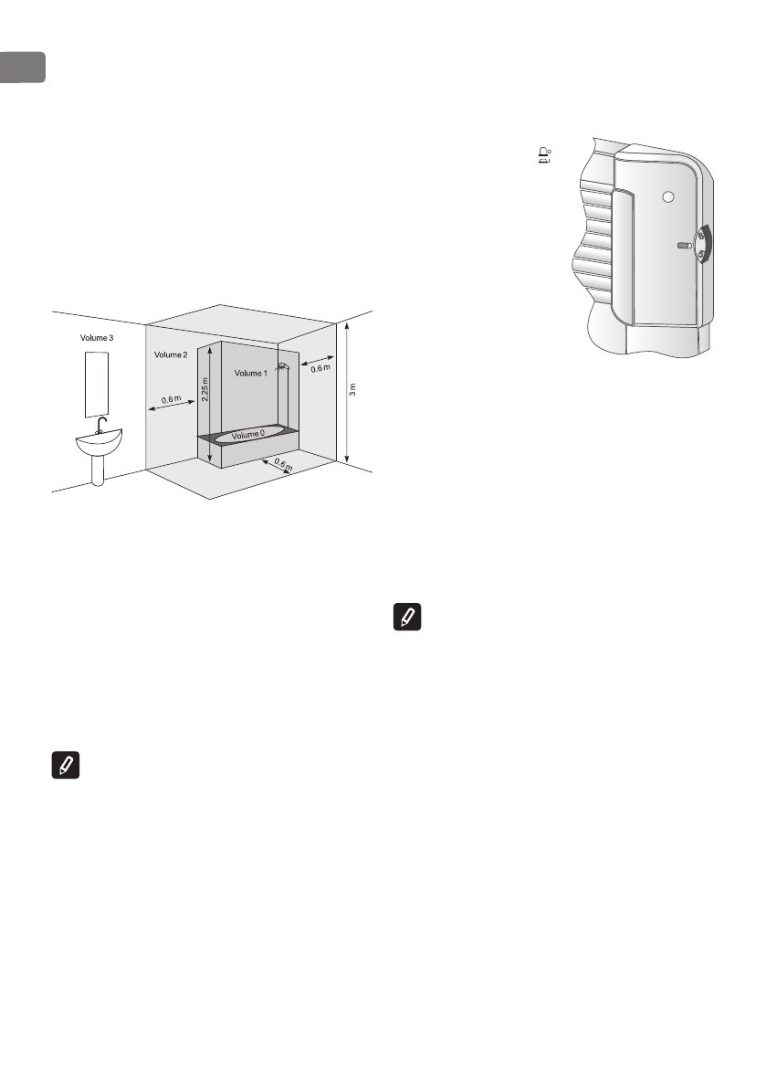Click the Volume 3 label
(x=96, y=337)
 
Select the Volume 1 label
(x=251, y=374)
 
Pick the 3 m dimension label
(x=353, y=388)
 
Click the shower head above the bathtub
(x=283, y=367)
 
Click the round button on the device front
(x=668, y=197)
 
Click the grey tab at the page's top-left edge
(x=22, y=67)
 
